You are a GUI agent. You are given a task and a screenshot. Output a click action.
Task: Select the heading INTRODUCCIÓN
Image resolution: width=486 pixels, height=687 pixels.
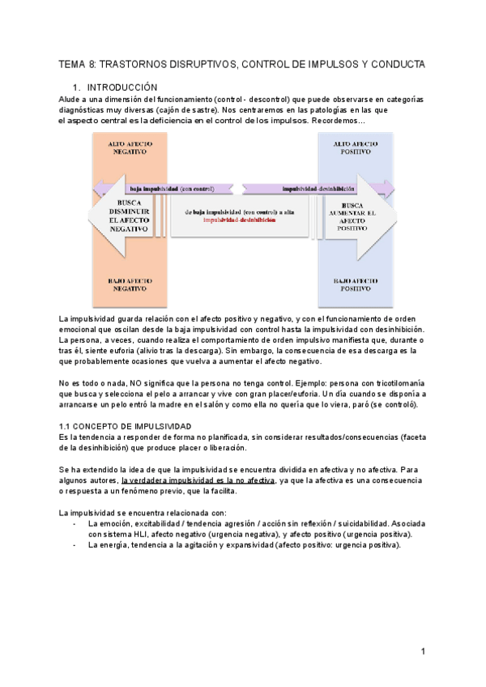(122, 87)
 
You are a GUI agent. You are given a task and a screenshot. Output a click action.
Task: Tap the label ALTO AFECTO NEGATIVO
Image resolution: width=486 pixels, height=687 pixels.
(130, 147)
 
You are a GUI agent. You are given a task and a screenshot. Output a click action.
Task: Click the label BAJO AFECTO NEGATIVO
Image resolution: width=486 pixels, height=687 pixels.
(130, 284)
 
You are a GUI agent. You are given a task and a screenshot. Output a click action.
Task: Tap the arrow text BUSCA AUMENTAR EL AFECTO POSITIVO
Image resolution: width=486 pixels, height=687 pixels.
(356, 217)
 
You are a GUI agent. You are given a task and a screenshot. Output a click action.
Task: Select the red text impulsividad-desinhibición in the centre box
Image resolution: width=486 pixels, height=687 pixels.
(239, 220)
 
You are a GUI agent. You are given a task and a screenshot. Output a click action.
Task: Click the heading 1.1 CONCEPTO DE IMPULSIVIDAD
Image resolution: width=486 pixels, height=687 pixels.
(126, 426)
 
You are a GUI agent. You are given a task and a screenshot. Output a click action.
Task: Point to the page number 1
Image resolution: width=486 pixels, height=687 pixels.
(423, 651)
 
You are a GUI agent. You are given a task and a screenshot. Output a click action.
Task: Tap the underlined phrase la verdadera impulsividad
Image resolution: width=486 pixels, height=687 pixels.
(168, 480)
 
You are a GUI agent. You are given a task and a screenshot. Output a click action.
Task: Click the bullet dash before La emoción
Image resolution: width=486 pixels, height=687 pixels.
(75, 524)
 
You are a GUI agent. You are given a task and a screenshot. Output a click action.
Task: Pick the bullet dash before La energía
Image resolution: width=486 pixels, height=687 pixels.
(75, 545)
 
